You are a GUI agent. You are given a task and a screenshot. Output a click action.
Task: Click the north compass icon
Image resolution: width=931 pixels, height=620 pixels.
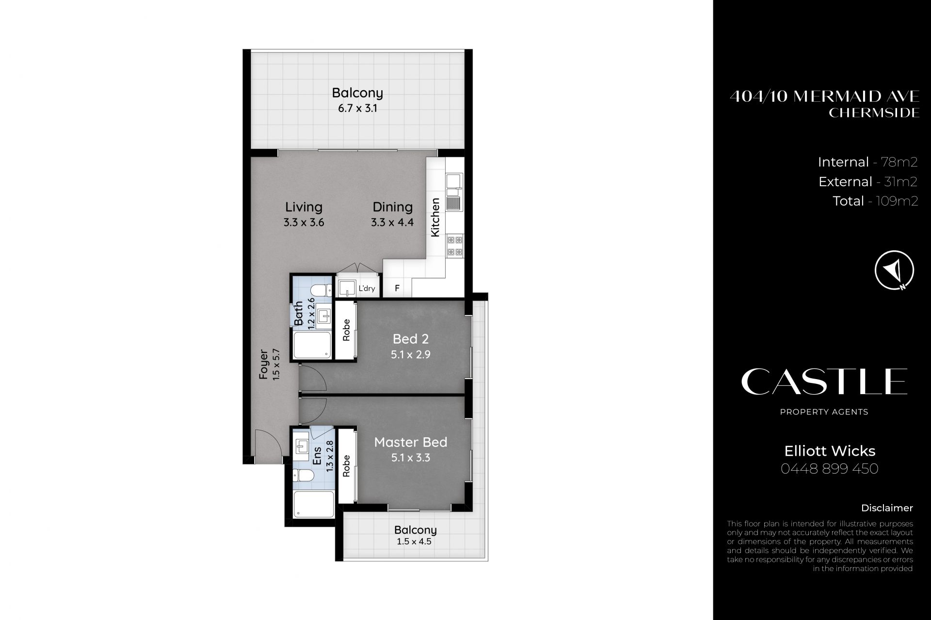(894, 270)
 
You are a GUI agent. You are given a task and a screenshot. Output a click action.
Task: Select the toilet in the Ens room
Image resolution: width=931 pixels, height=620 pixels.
(304, 475)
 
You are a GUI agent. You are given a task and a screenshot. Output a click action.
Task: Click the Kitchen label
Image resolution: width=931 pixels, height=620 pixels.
(435, 217)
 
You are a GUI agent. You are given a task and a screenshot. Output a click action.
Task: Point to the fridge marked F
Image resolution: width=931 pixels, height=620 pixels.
(397, 288)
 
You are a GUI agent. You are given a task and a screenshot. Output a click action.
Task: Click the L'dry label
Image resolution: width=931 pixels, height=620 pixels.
(367, 288)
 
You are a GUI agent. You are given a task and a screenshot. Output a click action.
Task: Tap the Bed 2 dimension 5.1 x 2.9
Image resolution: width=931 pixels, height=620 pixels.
(411, 354)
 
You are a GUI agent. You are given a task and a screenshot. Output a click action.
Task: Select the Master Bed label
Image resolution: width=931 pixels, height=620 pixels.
(411, 442)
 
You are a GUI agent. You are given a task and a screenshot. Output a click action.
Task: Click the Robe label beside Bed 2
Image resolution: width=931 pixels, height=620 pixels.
(346, 330)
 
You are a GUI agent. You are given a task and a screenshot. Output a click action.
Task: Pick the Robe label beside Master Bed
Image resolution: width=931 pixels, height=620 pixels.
(346, 466)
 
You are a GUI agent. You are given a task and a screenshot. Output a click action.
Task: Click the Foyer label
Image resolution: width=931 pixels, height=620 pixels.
(264, 364)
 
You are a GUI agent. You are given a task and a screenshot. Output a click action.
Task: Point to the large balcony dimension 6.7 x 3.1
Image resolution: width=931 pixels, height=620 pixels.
(357, 108)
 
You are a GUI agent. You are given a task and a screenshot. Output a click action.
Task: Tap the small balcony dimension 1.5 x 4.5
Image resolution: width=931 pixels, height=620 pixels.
(414, 541)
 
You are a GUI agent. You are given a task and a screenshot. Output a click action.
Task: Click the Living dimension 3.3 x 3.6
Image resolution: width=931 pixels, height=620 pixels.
(304, 223)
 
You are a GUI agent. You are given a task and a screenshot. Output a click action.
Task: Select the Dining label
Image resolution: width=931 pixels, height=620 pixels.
(393, 207)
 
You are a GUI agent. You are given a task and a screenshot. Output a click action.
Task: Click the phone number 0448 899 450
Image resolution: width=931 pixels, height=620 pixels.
(830, 469)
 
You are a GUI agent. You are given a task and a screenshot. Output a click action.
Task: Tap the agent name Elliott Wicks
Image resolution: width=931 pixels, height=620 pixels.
(830, 451)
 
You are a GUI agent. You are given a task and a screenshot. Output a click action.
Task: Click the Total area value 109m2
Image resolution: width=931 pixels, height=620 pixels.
(897, 201)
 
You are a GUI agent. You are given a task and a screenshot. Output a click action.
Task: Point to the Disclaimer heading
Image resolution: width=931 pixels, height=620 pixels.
(887, 508)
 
